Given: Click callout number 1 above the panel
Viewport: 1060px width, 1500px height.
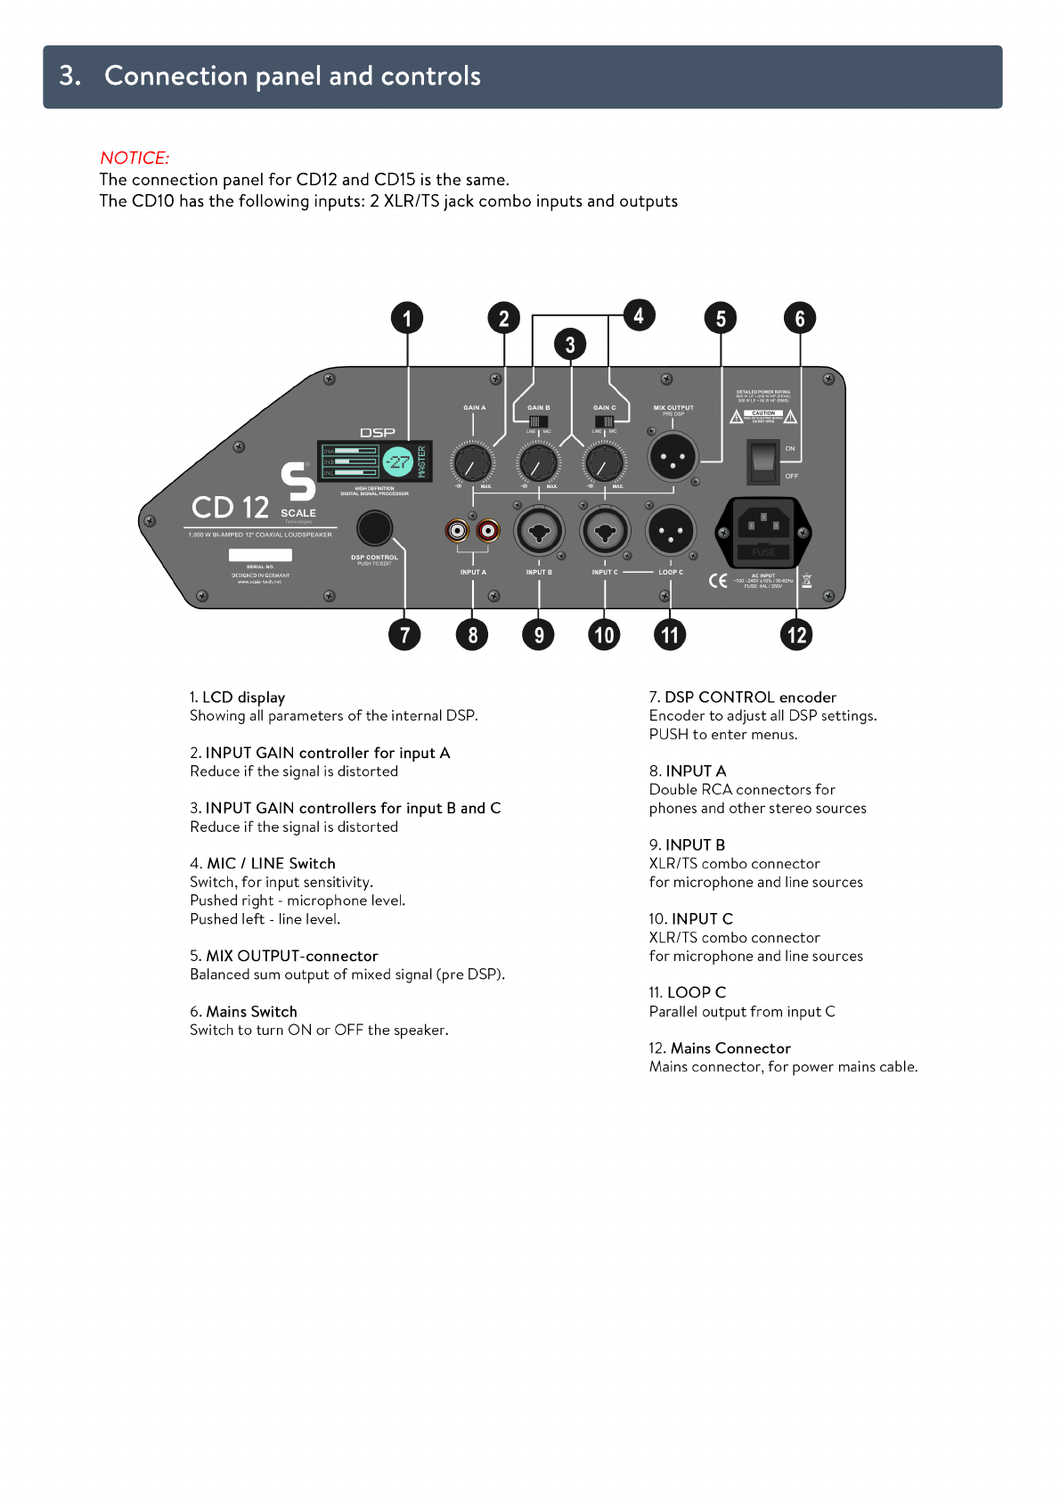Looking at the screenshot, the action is (407, 319).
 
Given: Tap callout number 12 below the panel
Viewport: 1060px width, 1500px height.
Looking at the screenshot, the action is (796, 635).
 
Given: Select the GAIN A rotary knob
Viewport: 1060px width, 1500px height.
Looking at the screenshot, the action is (472, 462).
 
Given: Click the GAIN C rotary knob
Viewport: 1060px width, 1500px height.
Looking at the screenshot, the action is (604, 462).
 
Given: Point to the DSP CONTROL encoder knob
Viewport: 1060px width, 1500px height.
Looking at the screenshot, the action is (374, 528).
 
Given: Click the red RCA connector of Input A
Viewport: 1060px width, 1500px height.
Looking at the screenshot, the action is (488, 532).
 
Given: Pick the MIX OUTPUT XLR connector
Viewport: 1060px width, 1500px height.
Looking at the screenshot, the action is (673, 459).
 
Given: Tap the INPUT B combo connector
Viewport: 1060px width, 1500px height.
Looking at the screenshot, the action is (539, 533).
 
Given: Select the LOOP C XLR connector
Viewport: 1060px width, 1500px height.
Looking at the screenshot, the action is (670, 532).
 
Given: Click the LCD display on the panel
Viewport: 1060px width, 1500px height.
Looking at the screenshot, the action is (375, 461).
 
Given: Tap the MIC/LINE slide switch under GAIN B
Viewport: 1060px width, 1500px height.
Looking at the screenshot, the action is (538, 421).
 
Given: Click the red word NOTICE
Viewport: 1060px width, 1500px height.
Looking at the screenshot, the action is (135, 158).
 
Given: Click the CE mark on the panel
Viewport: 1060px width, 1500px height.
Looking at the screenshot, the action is (718, 581).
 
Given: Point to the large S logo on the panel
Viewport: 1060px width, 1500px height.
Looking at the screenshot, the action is (298, 482).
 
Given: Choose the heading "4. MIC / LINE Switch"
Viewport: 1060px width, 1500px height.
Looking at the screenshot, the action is (263, 863).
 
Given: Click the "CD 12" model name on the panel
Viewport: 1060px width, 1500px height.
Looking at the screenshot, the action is (230, 508).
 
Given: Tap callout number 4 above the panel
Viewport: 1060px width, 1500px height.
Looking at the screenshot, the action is (639, 315).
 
